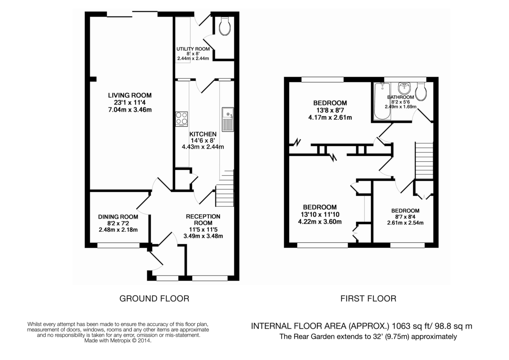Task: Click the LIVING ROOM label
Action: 129,95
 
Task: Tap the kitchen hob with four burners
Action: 182,119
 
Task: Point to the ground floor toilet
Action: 225,27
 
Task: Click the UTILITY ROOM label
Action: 193,49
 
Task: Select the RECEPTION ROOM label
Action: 203,219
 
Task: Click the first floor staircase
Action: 424,155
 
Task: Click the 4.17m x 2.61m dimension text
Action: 330,118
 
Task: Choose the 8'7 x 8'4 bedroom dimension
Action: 405,217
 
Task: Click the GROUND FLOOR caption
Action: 154,298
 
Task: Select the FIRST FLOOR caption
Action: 368,298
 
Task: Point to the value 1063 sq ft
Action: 412,326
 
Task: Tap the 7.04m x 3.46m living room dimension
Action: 129,110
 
